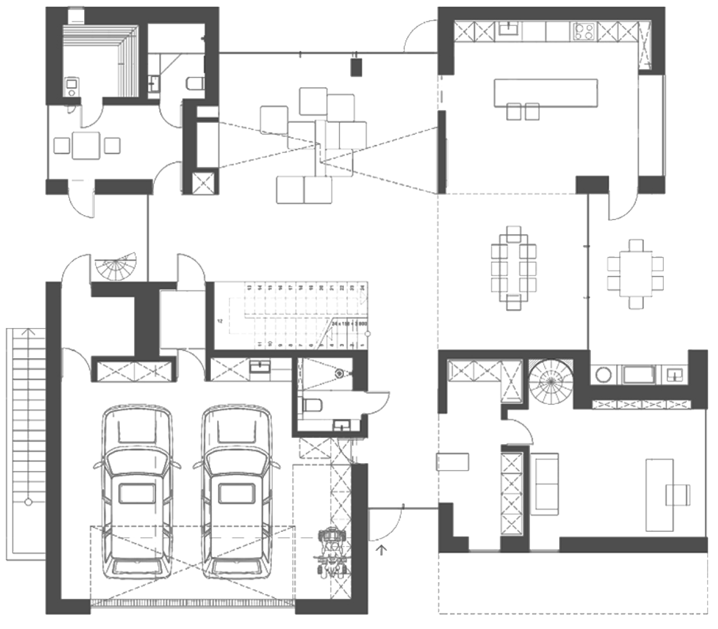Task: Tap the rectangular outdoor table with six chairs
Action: [x=635, y=274]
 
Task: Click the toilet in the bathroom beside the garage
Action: [x=314, y=406]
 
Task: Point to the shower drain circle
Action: [x=340, y=373]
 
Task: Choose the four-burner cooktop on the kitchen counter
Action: [x=583, y=31]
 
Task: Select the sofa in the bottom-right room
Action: [x=546, y=482]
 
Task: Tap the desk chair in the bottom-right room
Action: [x=678, y=495]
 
